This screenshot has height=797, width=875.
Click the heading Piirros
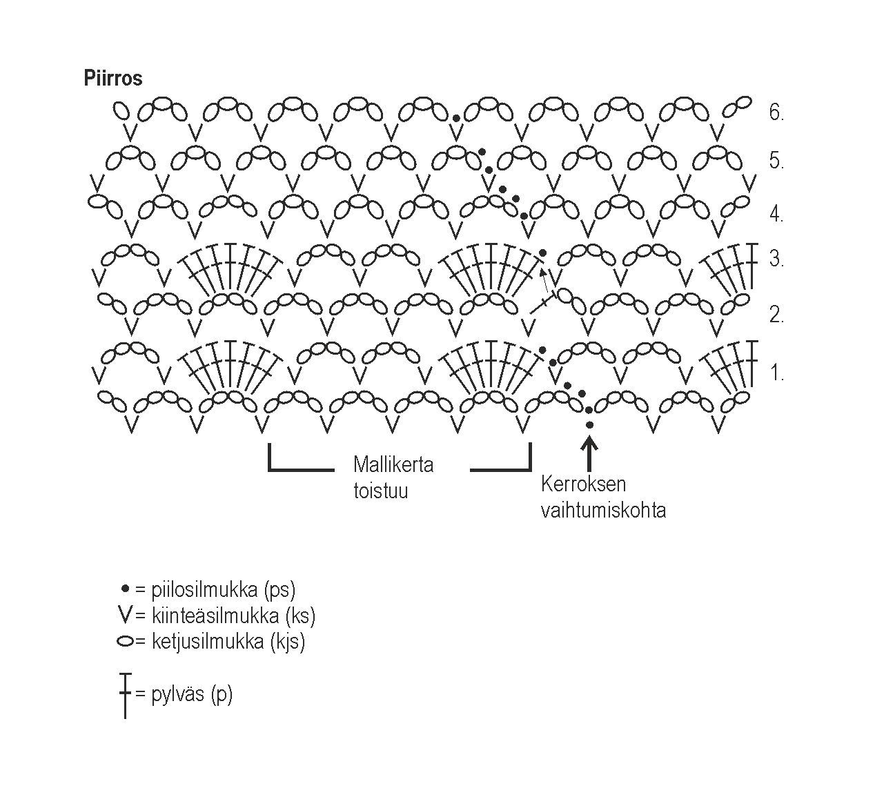coord(112,78)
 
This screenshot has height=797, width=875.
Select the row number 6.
coord(776,112)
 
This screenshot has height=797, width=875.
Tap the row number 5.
coord(776,161)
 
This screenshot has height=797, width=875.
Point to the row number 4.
coord(776,214)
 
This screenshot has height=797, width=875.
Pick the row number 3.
coord(776,259)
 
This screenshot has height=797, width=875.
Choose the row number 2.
coord(776,315)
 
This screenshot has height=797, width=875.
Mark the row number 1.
coord(777,373)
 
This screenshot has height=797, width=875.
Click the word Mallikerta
coord(393,464)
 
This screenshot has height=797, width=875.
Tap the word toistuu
coord(380,491)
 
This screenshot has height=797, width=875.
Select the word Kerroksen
coord(583,484)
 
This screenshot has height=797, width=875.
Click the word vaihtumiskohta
coord(603,511)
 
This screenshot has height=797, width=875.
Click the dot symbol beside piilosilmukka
coord(125,589)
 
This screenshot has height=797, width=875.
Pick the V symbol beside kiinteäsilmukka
coord(125,614)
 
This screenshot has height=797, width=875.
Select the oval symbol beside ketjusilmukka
coord(125,641)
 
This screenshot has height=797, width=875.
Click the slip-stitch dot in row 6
coord(456,118)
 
